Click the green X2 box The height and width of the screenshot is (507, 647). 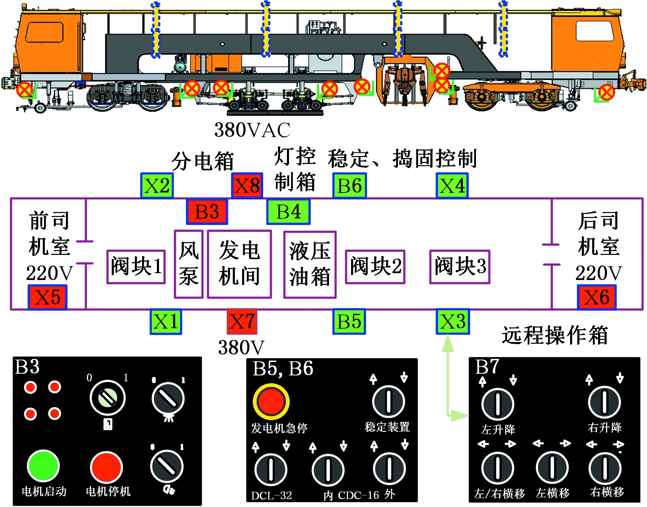(x=157, y=186)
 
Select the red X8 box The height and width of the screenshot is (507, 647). (x=247, y=186)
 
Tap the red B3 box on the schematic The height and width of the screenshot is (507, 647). (x=207, y=211)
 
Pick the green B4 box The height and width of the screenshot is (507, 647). (x=288, y=211)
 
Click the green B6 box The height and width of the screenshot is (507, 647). (x=349, y=186)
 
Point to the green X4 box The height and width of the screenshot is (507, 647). (x=452, y=186)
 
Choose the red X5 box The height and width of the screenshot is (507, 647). (x=48, y=297)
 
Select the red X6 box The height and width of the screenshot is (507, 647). (x=597, y=297)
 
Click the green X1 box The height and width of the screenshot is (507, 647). (x=166, y=322)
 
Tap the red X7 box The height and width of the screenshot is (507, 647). (x=242, y=322)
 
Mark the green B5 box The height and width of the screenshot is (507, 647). (x=349, y=322)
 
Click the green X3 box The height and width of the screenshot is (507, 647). (x=452, y=322)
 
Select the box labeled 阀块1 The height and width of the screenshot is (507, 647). (x=136, y=267)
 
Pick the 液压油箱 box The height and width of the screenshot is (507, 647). (x=310, y=265)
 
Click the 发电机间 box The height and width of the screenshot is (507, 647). (x=239, y=264)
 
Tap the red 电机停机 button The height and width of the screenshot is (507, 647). (x=107, y=467)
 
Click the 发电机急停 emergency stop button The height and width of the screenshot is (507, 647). (x=271, y=402)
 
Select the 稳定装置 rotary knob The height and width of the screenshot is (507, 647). (x=388, y=402)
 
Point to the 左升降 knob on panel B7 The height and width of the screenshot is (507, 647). (x=498, y=404)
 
